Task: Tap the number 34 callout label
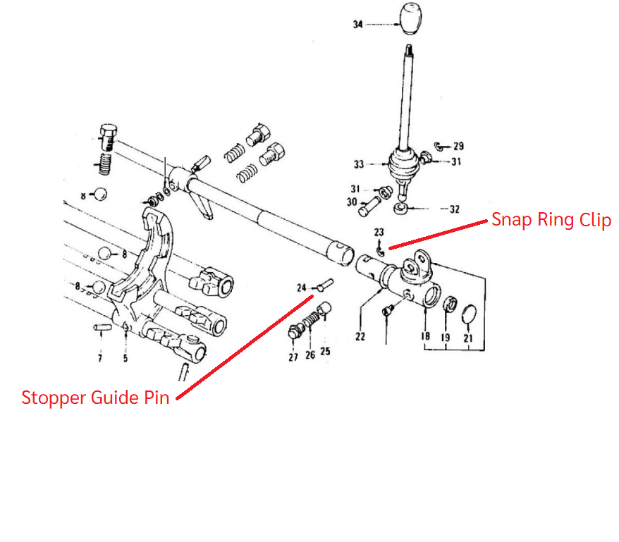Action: (x=358, y=25)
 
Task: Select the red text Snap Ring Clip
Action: (x=551, y=220)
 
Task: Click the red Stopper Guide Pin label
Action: (x=95, y=398)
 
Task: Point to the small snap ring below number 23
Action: (x=379, y=247)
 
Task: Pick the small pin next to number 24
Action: (x=324, y=285)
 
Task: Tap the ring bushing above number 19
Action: (x=446, y=304)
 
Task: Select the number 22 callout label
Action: (x=360, y=336)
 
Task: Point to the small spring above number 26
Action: (x=309, y=322)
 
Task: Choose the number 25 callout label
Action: (x=325, y=350)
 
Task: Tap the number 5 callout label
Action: (x=125, y=358)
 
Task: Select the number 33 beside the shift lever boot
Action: (x=359, y=165)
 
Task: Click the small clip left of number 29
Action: (x=438, y=146)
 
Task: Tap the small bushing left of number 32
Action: (x=400, y=208)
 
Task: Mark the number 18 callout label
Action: (x=426, y=336)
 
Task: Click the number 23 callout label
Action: (x=379, y=232)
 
